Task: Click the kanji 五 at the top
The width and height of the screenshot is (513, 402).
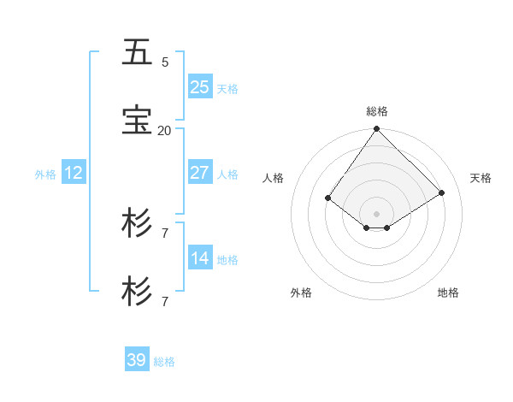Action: click(137, 52)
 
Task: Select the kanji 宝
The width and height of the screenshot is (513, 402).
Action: click(137, 121)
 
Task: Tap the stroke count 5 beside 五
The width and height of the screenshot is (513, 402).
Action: click(165, 62)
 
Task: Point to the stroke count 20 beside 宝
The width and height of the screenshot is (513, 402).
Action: click(164, 130)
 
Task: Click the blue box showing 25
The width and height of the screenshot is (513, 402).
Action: click(200, 86)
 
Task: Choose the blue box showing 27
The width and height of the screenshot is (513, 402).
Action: click(200, 172)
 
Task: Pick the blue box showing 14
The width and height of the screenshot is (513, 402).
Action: click(200, 258)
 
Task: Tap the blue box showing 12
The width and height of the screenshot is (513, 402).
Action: click(74, 173)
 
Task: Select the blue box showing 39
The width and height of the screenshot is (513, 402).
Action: click(137, 360)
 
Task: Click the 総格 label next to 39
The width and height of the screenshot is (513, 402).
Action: click(164, 362)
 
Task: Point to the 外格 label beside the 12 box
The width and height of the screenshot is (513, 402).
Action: click(45, 174)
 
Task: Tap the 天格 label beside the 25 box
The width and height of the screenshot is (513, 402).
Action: click(227, 89)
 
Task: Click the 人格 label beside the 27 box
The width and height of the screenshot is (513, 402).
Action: click(227, 174)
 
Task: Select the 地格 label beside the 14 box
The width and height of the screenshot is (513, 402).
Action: click(227, 260)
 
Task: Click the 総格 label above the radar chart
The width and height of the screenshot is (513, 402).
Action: click(377, 111)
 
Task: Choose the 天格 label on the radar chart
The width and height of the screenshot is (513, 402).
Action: click(481, 178)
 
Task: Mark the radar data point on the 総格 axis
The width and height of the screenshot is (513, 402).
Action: click(376, 129)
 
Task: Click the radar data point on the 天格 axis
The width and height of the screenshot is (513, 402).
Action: click(442, 192)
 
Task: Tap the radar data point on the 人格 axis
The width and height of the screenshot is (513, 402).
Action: click(328, 198)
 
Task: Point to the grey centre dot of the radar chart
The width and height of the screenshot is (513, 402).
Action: click(376, 213)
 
